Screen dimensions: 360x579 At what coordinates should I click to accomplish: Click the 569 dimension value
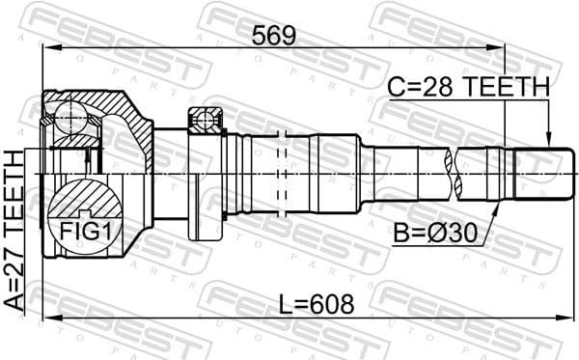274,36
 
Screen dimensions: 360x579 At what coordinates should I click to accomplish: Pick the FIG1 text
87,231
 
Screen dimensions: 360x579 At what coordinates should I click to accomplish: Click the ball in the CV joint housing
70,118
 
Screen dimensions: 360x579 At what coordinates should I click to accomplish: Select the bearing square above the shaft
206,120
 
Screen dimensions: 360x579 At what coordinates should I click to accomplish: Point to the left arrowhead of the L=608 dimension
44,316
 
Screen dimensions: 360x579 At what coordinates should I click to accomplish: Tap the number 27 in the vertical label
14,282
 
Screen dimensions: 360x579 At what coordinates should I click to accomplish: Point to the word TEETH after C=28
507,87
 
